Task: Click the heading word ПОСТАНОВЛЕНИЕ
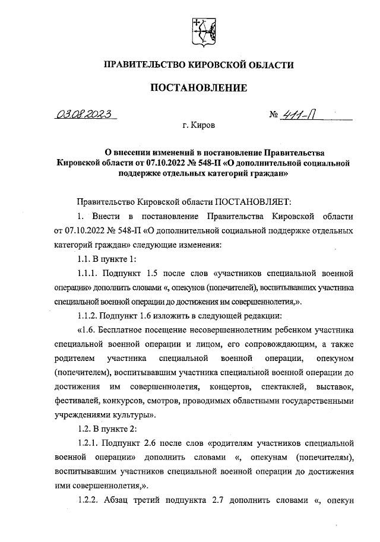tap(198, 88)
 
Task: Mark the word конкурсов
tap(132, 401)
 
